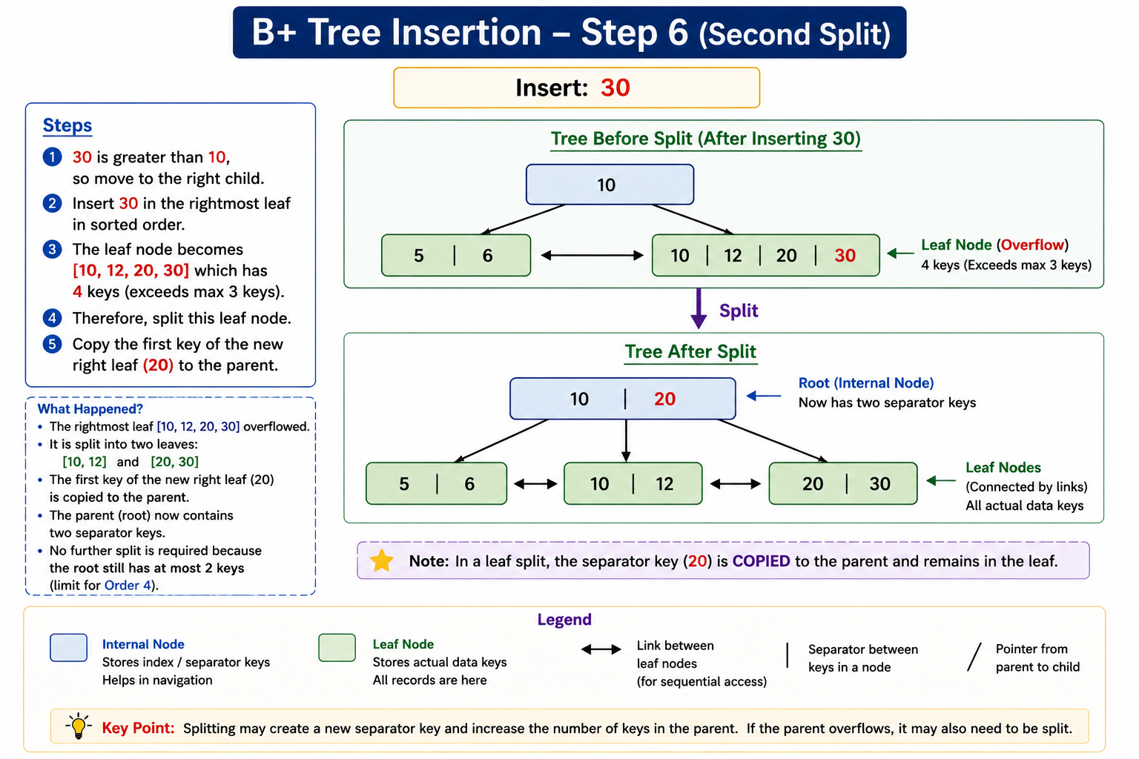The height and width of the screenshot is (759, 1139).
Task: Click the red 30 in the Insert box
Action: [615, 87]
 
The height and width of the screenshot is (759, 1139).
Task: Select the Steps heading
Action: [67, 125]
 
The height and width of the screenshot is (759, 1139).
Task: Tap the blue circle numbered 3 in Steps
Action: [52, 249]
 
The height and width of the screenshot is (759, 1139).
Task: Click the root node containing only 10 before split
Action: [610, 185]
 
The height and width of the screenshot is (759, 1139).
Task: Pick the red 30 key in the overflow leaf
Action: [845, 255]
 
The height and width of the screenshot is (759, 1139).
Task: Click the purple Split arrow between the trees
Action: [699, 308]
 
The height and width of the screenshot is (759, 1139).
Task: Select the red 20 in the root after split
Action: [664, 399]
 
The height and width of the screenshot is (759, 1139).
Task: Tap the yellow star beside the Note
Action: [381, 560]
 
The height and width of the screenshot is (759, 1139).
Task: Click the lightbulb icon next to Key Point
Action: [79, 726]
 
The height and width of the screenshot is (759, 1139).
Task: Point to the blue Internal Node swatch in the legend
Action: [69, 647]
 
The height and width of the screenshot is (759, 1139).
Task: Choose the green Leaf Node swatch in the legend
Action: [337, 647]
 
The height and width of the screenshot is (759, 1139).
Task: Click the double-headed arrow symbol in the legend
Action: [601, 649]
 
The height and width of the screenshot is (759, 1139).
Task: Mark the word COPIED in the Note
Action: [762, 561]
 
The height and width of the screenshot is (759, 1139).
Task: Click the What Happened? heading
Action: [90, 408]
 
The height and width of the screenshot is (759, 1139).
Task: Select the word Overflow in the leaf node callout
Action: [1032, 245]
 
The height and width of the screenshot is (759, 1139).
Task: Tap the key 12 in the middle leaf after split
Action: [664, 483]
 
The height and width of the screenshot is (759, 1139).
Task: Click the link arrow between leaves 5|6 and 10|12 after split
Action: [535, 484]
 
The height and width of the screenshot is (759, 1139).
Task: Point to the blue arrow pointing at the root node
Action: [763, 396]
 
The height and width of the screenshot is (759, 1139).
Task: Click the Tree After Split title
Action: [690, 351]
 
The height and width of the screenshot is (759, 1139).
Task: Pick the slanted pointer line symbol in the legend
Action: [974, 657]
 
